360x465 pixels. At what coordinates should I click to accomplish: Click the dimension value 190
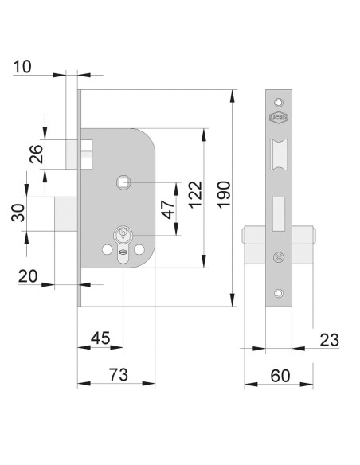click(224, 194)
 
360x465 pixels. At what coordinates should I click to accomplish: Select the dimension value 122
click(196, 195)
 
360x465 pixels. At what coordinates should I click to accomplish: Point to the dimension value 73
click(119, 374)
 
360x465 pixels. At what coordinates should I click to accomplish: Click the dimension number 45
click(100, 338)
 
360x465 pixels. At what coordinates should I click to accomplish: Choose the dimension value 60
click(280, 376)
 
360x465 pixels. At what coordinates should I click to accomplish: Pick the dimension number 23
click(329, 340)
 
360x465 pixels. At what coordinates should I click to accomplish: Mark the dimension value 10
click(22, 66)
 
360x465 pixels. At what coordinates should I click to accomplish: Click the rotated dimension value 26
click(37, 154)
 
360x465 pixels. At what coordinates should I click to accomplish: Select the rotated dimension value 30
click(18, 213)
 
